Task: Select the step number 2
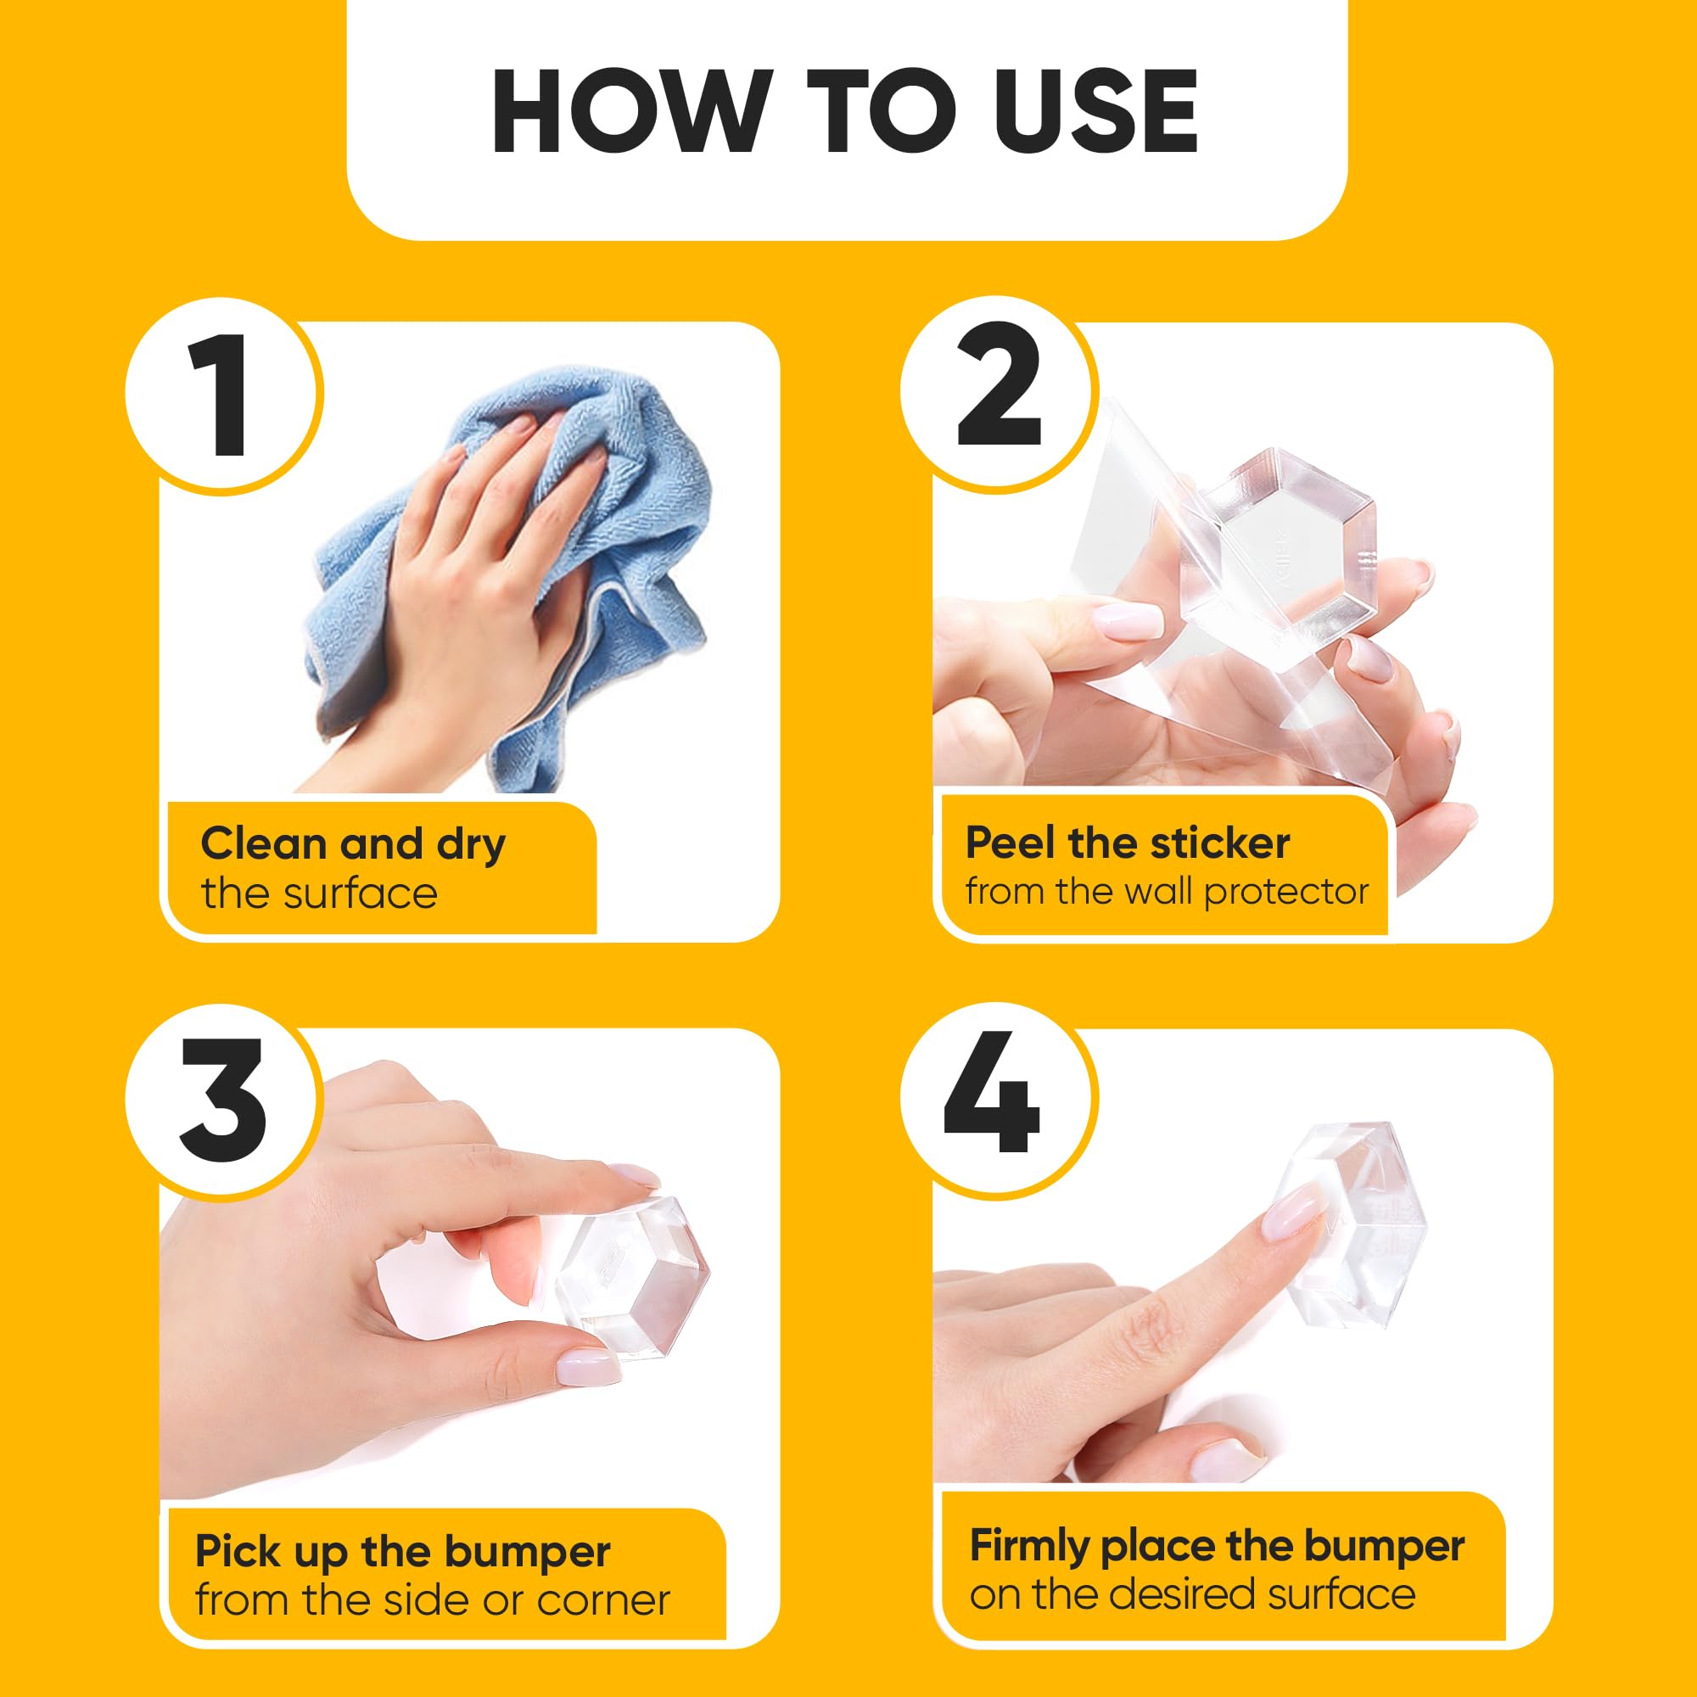tap(999, 385)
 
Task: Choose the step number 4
tap(992, 1092)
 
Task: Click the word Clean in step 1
tap(264, 843)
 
